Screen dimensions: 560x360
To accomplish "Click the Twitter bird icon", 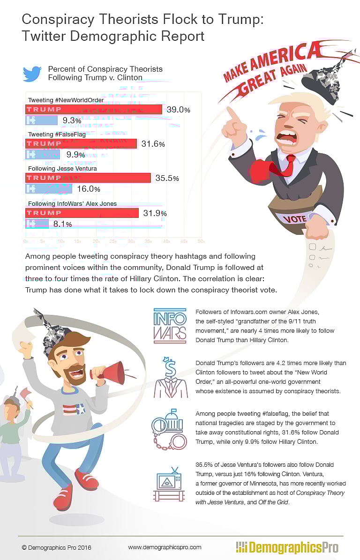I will click(32, 74).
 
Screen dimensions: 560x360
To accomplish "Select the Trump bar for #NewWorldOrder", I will click(93, 110).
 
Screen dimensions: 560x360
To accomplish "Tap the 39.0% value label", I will click(179, 110).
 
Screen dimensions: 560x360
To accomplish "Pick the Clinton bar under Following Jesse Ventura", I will click(48, 189).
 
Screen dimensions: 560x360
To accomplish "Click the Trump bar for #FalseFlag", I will click(81, 144).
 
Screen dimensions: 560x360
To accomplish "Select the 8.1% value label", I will click(62, 224).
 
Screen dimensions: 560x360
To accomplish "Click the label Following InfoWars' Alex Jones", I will click(72, 204).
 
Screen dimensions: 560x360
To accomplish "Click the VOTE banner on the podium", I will click(295, 218).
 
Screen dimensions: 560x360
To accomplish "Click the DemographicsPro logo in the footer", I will click(287, 547).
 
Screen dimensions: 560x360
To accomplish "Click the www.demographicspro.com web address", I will click(165, 547).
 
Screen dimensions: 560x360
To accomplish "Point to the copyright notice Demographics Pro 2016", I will click(56, 547).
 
